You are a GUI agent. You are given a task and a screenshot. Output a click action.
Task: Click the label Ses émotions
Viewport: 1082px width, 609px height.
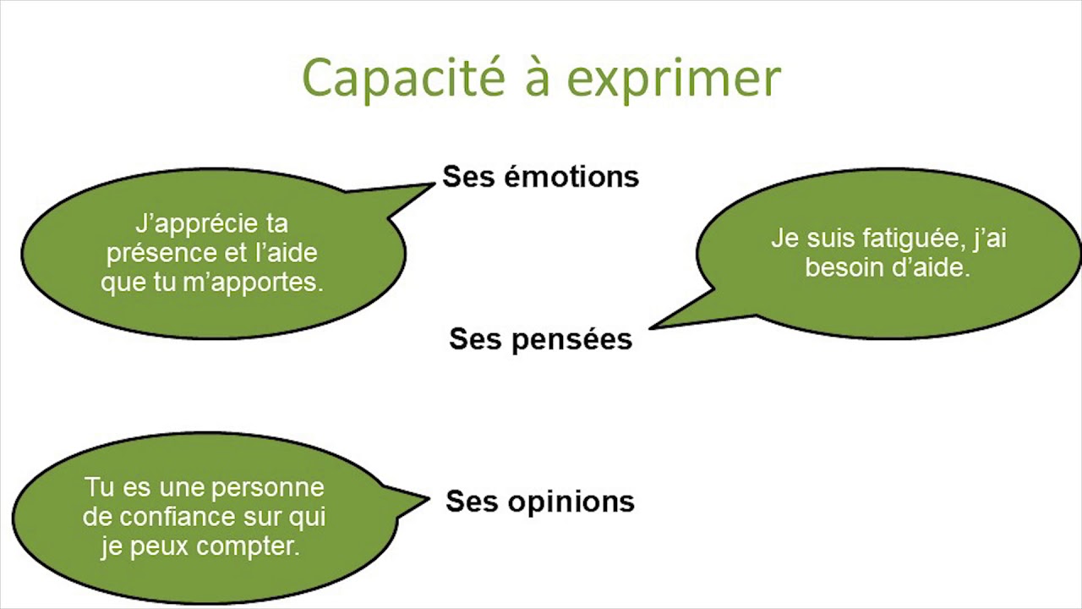click(x=540, y=177)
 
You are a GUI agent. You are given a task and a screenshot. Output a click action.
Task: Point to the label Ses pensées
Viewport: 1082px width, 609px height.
click(x=540, y=339)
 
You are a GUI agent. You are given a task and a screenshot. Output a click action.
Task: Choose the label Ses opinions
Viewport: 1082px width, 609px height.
click(x=540, y=502)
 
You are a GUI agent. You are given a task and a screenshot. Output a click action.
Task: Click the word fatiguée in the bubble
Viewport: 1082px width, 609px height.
click(x=913, y=239)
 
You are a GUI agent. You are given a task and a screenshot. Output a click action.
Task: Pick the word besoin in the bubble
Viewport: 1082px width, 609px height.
click(x=843, y=268)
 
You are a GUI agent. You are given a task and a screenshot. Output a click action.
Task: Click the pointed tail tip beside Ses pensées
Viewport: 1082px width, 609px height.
click(x=650, y=327)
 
